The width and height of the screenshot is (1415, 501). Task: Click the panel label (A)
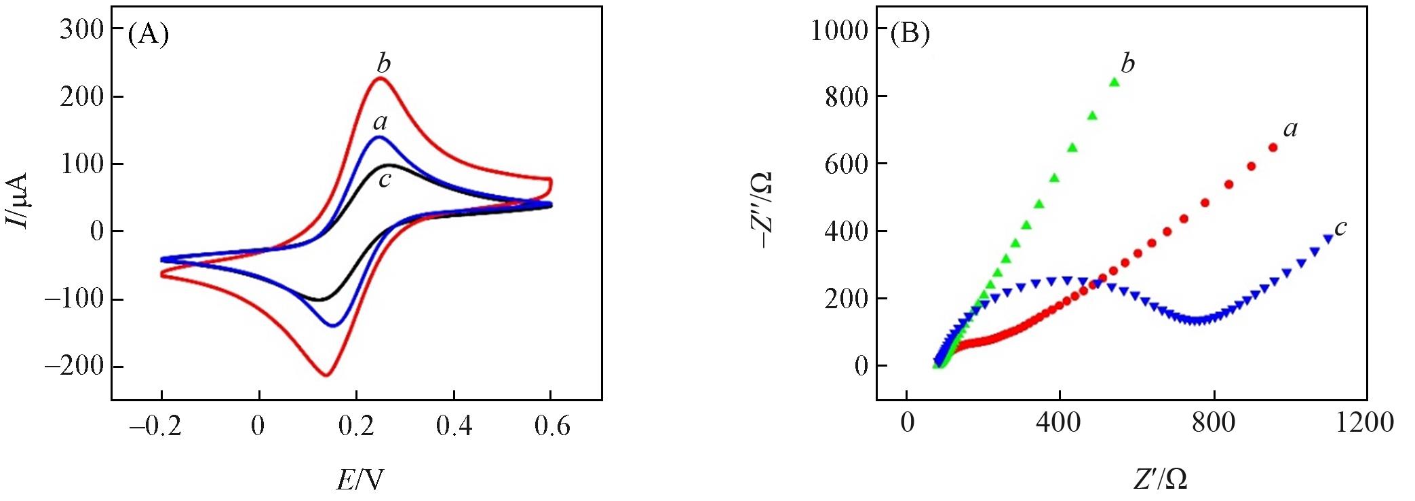tap(148, 34)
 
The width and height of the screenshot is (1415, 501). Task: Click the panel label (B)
tap(910, 34)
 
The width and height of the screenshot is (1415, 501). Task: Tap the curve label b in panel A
tap(384, 64)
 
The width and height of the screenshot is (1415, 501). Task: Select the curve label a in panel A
tap(380, 122)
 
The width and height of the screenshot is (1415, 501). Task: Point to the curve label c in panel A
tap(385, 180)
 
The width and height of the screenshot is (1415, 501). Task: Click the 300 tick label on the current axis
tap(81, 29)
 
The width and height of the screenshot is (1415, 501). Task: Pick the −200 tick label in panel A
tap(73, 367)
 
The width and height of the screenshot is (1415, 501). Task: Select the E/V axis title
tap(360, 480)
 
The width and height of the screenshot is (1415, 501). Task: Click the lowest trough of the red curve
tap(326, 375)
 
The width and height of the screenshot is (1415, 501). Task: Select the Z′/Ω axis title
tap(1159, 480)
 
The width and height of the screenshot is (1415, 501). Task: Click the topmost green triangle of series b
tap(1113, 82)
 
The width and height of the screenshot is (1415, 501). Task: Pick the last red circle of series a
tap(1273, 147)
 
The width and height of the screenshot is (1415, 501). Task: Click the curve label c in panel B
tap(1340, 228)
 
